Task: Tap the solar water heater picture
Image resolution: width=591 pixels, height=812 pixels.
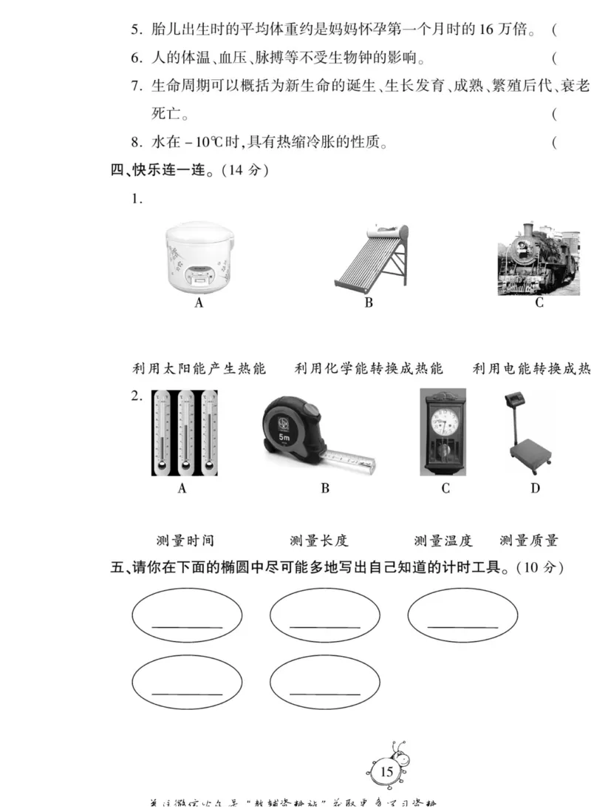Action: point(370,257)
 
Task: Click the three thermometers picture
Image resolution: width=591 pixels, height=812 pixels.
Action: point(184,432)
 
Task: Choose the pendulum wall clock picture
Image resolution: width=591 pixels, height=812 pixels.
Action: point(443,431)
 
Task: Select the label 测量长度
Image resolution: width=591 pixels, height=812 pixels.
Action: point(318,541)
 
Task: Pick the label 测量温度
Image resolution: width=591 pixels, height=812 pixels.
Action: point(443,541)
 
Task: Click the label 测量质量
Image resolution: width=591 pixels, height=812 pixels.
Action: point(529,541)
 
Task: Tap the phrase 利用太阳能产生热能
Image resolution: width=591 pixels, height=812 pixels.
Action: point(199,368)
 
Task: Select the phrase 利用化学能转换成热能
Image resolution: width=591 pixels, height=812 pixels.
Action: point(369,368)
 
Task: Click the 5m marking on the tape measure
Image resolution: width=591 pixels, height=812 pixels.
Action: point(284,437)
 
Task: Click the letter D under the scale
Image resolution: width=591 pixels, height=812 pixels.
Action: point(535,488)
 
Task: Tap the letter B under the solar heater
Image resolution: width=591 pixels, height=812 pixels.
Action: point(369,302)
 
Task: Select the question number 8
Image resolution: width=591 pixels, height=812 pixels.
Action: point(136,143)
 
